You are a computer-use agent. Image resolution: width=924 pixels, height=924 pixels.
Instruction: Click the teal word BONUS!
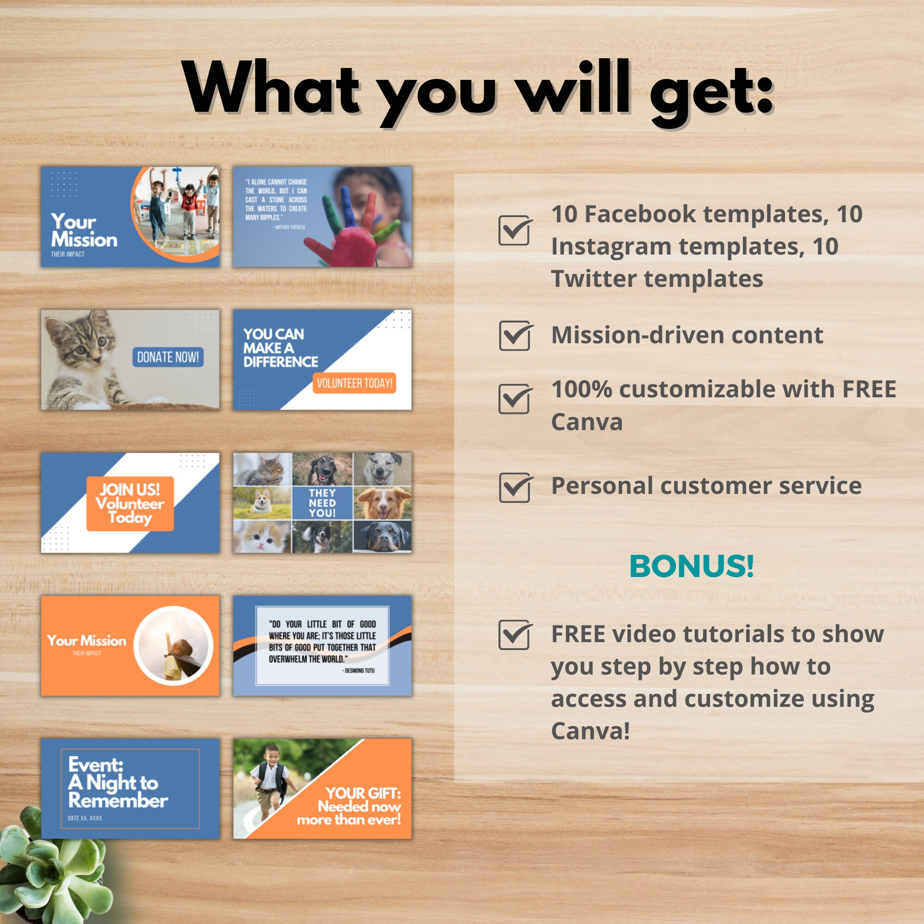pyautogui.click(x=692, y=566)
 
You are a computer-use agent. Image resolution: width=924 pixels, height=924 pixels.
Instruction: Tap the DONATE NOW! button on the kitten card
pyautogui.click(x=168, y=357)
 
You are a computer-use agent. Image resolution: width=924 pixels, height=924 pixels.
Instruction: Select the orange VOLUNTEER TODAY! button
pyautogui.click(x=354, y=383)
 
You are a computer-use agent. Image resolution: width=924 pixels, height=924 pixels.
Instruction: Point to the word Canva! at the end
pyautogui.click(x=590, y=731)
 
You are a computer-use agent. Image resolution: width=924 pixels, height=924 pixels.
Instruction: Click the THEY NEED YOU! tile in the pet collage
pyautogui.click(x=322, y=503)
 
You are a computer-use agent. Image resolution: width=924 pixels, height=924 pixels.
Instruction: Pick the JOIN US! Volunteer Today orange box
pyautogui.click(x=130, y=504)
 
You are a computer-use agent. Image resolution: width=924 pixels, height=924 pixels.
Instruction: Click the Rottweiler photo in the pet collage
pyautogui.click(x=383, y=536)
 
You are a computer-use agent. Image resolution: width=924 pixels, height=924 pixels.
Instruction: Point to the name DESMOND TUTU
pyautogui.click(x=359, y=670)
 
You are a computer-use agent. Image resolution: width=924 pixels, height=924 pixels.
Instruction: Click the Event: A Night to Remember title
pyautogui.click(x=118, y=783)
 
